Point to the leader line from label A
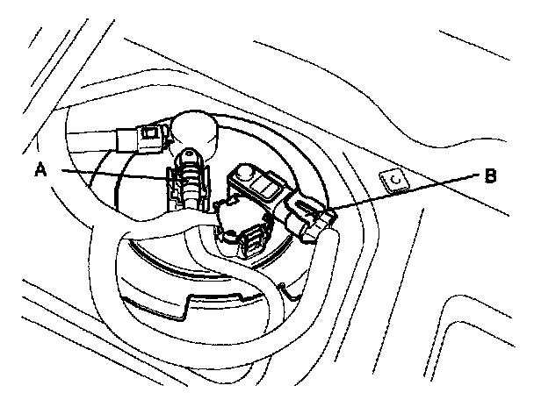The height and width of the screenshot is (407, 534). [x=105, y=175]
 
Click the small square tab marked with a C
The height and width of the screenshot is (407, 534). [x=395, y=180]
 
